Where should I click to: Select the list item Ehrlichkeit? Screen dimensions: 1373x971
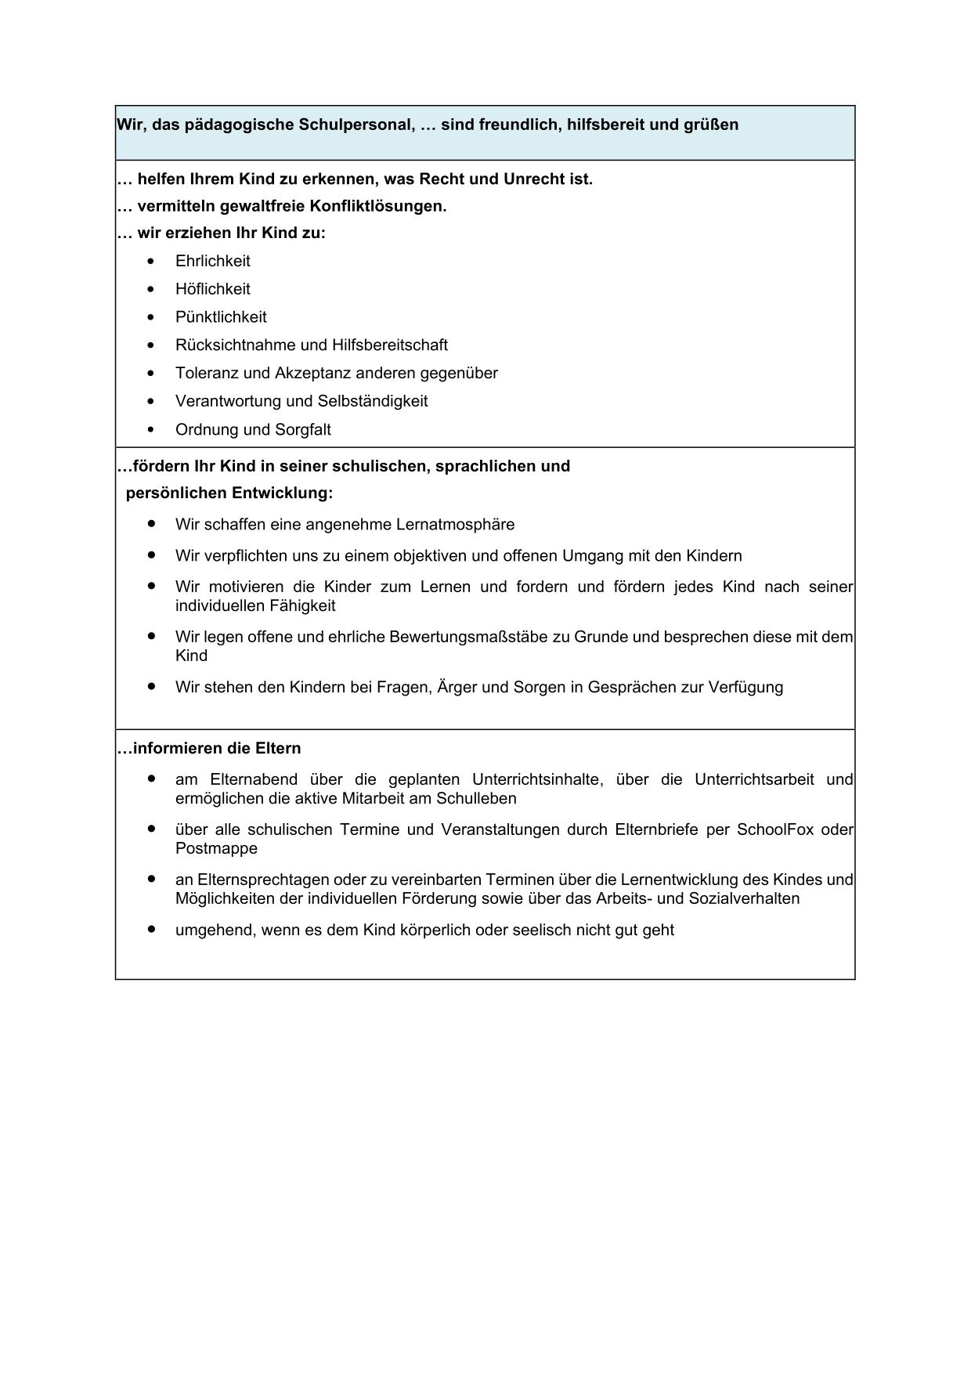click(213, 261)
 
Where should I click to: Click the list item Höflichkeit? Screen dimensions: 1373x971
click(213, 289)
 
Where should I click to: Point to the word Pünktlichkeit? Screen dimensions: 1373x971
click(221, 317)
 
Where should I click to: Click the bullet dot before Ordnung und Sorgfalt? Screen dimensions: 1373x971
click(151, 430)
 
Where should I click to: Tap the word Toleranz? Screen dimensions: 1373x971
click(207, 373)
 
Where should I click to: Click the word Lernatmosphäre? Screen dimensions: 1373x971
click(456, 525)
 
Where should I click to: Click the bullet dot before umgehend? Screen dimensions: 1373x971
click(151, 929)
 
